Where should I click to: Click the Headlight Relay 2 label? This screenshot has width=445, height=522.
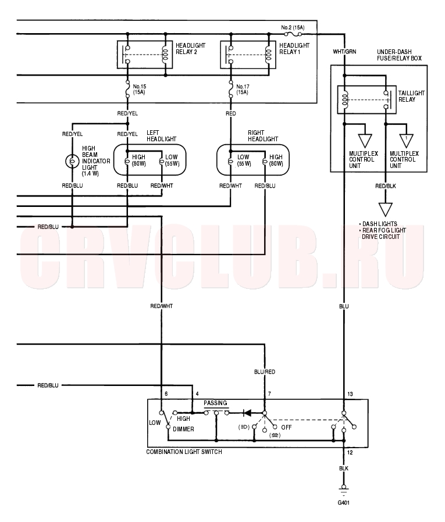coord(191,49)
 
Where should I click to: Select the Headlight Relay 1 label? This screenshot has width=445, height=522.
coord(294,49)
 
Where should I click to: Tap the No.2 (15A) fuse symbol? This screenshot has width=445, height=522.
coord(293,34)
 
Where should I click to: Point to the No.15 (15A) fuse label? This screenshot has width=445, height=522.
coord(139,89)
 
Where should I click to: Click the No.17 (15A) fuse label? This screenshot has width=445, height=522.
coord(243,89)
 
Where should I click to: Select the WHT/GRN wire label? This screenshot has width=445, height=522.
coord(344,52)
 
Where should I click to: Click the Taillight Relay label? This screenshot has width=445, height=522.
coord(411,96)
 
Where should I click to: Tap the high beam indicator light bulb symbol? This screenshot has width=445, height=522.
coord(72,161)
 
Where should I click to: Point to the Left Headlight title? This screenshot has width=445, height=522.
coord(161,136)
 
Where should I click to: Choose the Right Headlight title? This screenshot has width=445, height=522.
coord(263,136)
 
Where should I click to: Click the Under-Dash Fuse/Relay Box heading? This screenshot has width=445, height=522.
coord(399,55)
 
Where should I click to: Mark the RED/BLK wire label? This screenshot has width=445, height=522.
coord(386,186)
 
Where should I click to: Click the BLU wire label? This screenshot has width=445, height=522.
coord(344,306)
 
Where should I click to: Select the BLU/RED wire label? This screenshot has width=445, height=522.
coord(265,372)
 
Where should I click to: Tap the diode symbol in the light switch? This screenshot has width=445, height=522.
coord(247,413)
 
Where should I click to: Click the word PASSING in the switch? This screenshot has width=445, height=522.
coord(215,403)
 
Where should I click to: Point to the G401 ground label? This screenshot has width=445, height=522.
coord(344,503)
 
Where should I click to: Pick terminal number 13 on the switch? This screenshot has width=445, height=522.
coord(350,394)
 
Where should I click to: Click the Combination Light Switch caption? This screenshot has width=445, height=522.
coord(184,452)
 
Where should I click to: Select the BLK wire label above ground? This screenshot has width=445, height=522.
coord(344,469)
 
